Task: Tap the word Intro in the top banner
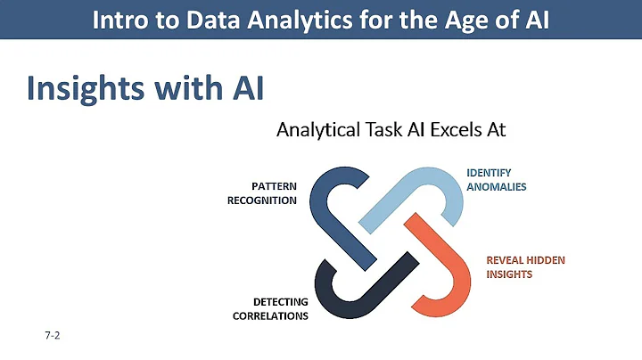(119, 20)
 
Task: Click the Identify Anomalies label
(497, 180)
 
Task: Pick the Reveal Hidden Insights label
(525, 267)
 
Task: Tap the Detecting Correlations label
(274, 308)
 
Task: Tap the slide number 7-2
(51, 337)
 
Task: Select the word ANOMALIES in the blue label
(497, 187)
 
